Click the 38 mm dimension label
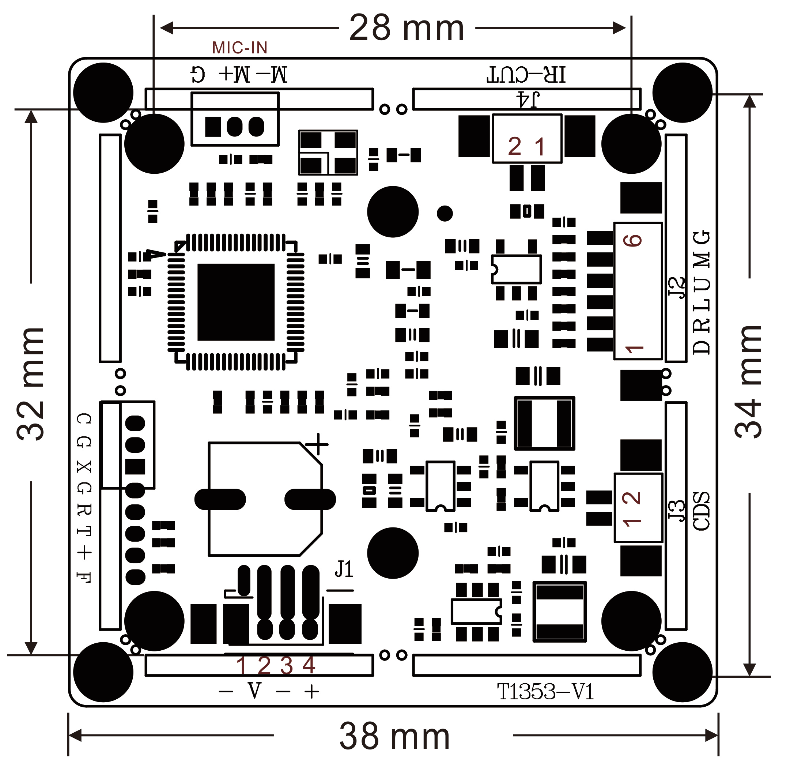tap(394, 736)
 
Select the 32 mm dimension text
tap(31, 383)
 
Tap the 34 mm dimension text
tap(748, 381)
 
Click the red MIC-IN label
tap(240, 48)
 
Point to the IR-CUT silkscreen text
tap(526, 75)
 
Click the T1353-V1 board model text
tap(545, 692)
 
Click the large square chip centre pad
tap(236, 302)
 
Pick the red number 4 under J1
tap(309, 665)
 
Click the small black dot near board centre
tap(445, 213)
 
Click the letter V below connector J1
tap(254, 691)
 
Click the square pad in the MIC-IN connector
tap(213, 127)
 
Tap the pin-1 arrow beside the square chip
tap(155, 255)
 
